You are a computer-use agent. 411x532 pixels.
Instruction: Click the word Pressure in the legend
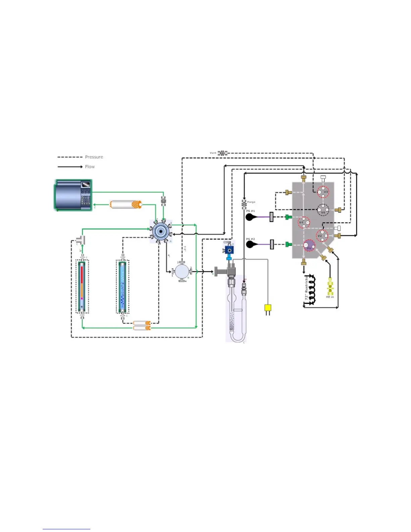pyautogui.click(x=94, y=157)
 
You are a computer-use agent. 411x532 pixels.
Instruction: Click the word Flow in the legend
pyautogui.click(x=90, y=167)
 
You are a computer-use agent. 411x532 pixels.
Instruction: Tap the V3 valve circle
pyautogui.click(x=323, y=192)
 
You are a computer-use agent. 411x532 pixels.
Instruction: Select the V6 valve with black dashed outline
pyautogui.click(x=323, y=210)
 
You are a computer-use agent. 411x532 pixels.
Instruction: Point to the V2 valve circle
pyautogui.click(x=322, y=235)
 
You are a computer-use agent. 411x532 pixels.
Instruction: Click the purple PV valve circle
pyautogui.click(x=309, y=246)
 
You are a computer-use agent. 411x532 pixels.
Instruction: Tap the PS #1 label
pyautogui.click(x=250, y=211)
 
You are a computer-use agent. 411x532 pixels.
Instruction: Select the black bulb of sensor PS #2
pyautogui.click(x=250, y=245)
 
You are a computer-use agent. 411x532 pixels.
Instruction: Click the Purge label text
pyautogui.click(x=251, y=202)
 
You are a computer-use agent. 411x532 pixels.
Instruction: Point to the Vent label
pyautogui.click(x=213, y=153)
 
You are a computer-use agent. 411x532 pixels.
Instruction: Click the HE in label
pyautogui.click(x=330, y=297)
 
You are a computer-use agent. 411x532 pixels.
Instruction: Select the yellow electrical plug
pyautogui.click(x=268, y=308)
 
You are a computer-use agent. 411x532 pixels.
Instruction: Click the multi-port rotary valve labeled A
pyautogui.click(x=161, y=231)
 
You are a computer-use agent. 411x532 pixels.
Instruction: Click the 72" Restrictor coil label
pyautogui.click(x=306, y=288)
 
